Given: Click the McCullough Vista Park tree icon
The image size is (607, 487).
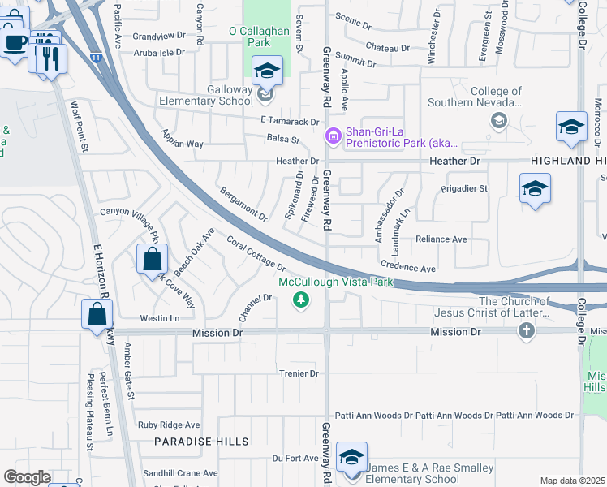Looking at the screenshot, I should (301, 300).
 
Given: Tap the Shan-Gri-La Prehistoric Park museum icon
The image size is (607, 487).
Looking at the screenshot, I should (333, 136).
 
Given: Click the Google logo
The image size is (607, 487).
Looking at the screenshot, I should (27, 477).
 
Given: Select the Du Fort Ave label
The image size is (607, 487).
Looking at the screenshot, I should (295, 458).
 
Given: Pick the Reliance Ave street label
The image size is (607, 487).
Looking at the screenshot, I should (441, 239).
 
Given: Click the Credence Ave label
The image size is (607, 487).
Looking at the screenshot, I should (408, 268).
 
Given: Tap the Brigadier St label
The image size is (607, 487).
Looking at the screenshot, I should (463, 188).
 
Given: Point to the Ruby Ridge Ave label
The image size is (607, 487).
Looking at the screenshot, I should (169, 425).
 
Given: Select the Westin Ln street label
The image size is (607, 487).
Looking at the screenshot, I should (159, 318).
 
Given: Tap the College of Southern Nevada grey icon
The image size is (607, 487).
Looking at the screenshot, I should (498, 120).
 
